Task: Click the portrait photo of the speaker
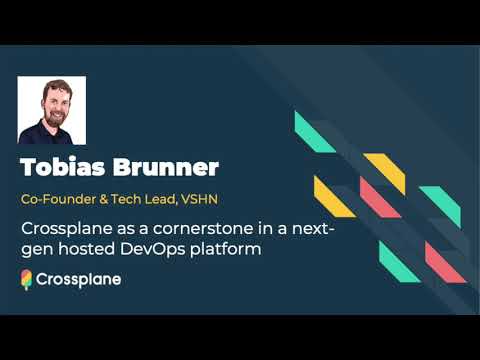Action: pyautogui.click(x=52, y=110)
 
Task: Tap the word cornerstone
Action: pyautogui.click(x=206, y=229)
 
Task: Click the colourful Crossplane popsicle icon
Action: pyautogui.click(x=26, y=280)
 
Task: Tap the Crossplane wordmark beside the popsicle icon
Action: pyautogui.click(x=78, y=280)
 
